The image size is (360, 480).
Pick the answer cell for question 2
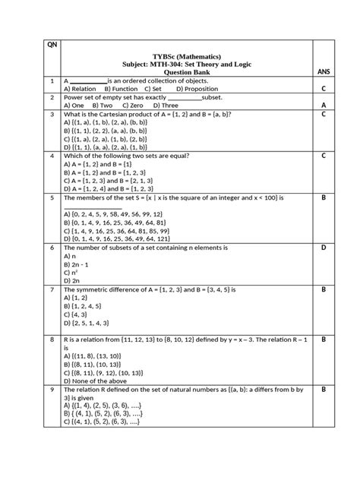click(x=323, y=105)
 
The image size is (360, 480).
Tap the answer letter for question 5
click(x=323, y=197)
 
